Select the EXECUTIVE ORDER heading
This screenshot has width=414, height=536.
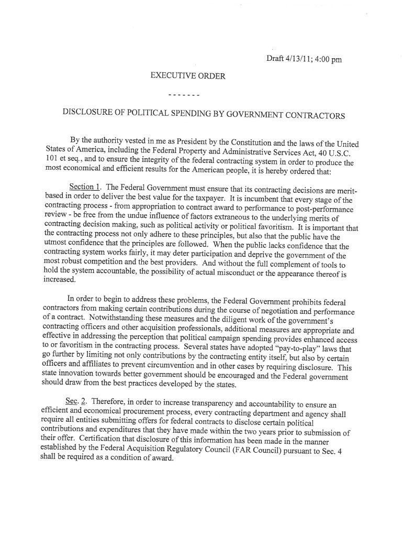point(188,76)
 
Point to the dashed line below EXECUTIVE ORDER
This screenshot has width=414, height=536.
point(184,96)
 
